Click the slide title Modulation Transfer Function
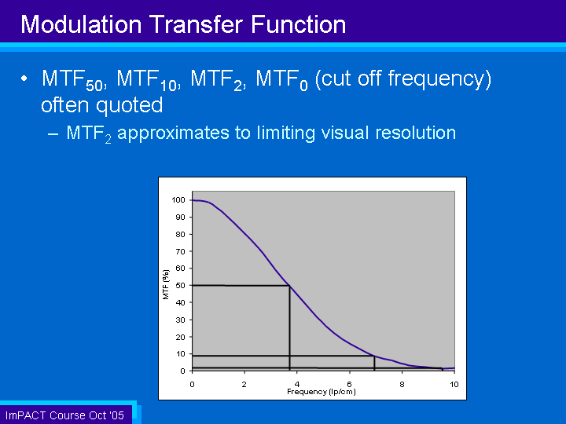(183, 24)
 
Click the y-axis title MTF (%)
(166, 284)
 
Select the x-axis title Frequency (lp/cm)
(322, 391)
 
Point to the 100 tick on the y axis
(178, 200)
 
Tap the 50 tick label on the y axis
(181, 286)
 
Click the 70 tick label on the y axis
(181, 251)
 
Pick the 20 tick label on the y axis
(181, 337)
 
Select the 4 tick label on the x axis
(296, 384)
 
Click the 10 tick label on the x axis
(454, 384)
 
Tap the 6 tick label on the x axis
(349, 384)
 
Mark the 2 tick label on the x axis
(244, 384)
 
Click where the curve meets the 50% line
(290, 286)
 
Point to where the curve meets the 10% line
(374, 356)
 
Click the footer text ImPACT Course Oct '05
(64, 415)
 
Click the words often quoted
(102, 104)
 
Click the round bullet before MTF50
(25, 80)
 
